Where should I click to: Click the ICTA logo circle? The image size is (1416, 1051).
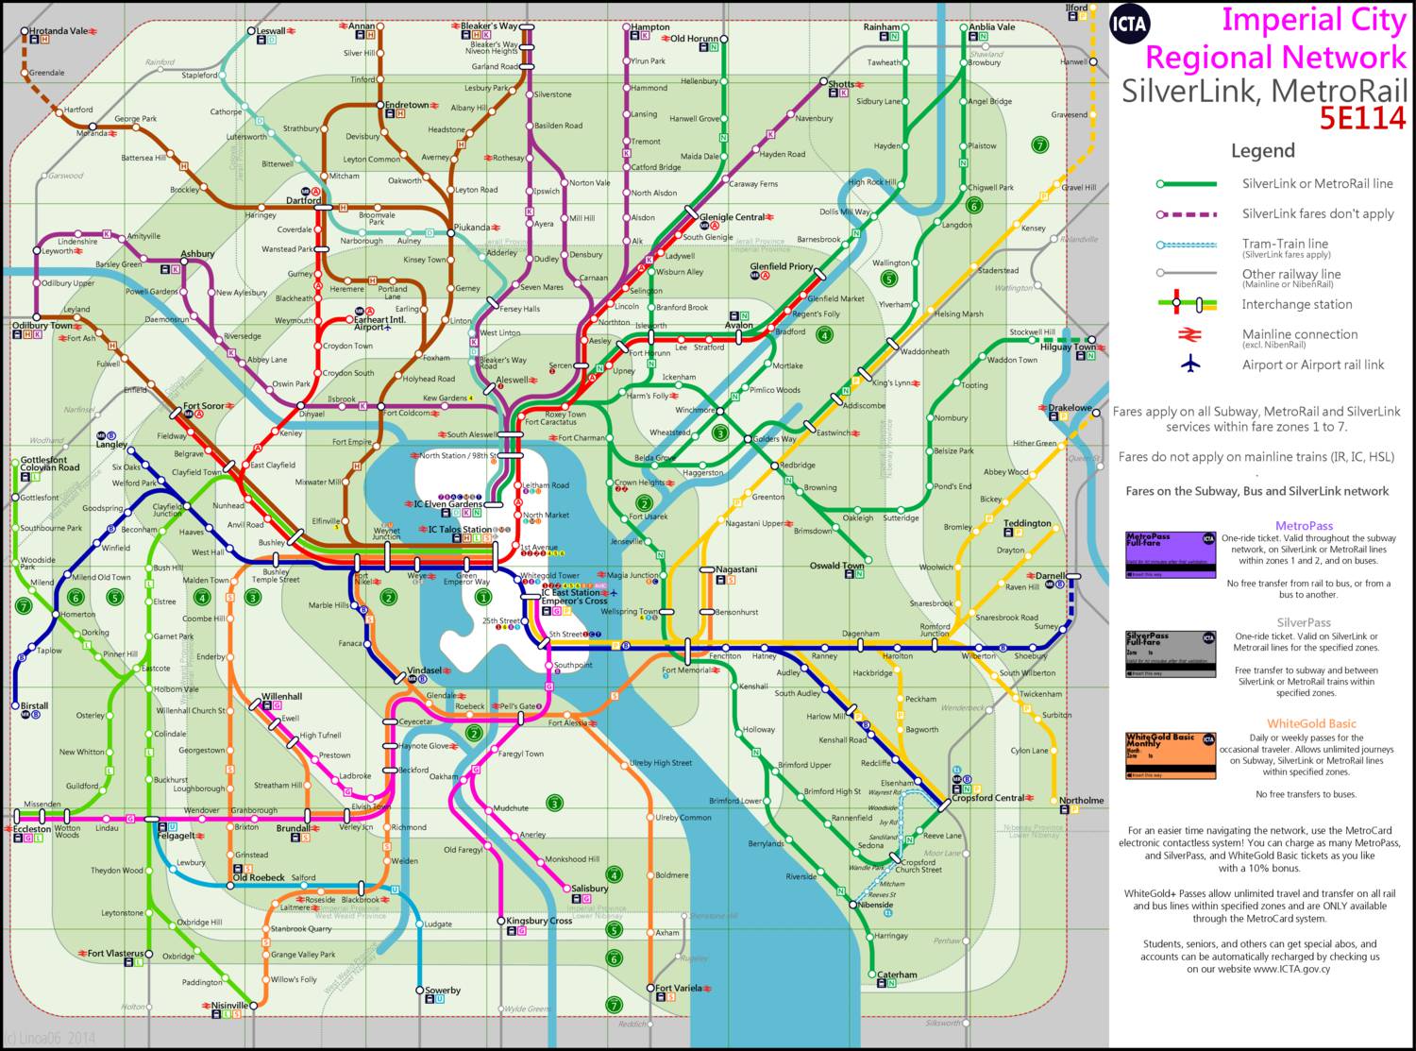(1129, 24)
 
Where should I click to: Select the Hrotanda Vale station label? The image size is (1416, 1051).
(59, 31)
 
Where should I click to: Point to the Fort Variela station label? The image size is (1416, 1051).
(679, 988)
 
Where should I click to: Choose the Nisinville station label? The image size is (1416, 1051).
(229, 1005)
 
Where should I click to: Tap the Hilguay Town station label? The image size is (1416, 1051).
(1067, 347)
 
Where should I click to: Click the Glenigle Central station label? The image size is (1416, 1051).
(732, 217)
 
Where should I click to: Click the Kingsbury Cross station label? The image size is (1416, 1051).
(539, 921)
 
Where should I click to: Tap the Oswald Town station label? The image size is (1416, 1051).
(836, 566)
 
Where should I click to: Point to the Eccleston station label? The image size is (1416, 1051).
(32, 828)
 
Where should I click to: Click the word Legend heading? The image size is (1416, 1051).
(1262, 151)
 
